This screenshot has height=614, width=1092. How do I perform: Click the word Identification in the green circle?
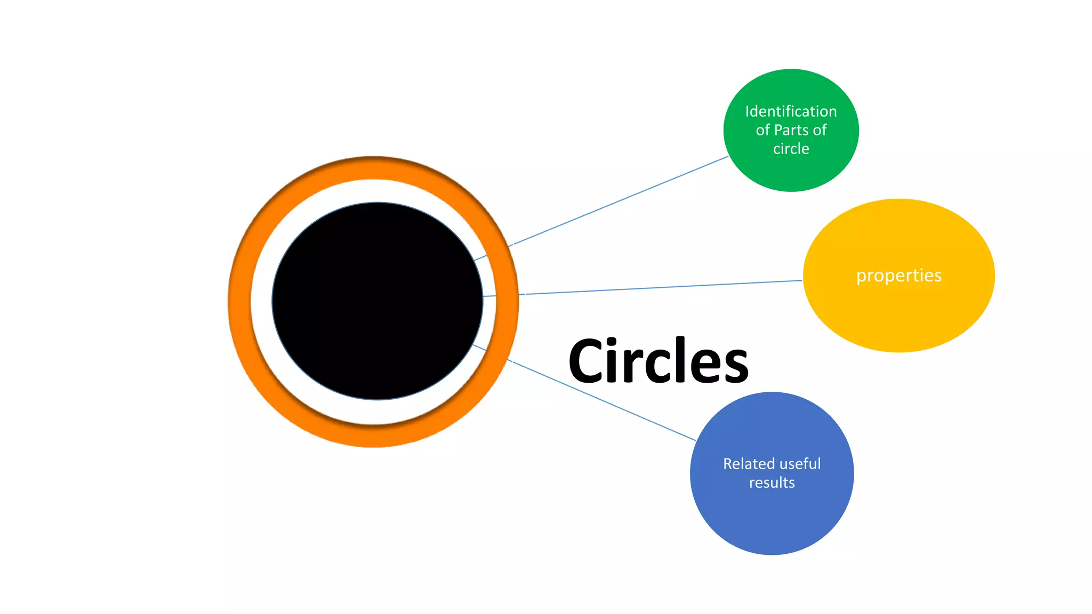[791, 111]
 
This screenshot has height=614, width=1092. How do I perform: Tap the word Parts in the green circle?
[791, 130]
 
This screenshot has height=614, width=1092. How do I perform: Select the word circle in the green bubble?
[791, 149]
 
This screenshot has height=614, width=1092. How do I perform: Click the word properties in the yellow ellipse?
[899, 276]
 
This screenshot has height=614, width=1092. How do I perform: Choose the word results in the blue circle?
[772, 483]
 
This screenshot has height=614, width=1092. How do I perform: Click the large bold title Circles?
[658, 361]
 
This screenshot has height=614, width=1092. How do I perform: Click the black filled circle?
[377, 301]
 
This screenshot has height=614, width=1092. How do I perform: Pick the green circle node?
[791, 171]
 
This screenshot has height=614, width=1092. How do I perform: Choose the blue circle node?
[772, 522]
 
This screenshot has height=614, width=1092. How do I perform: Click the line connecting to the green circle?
[619, 201]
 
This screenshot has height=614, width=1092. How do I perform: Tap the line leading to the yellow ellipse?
[661, 287]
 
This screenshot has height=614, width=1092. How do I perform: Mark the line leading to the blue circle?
[603, 401]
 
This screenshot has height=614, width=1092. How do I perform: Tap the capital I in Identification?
[747, 111]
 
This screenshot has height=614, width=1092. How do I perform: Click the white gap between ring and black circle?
[261, 302]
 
